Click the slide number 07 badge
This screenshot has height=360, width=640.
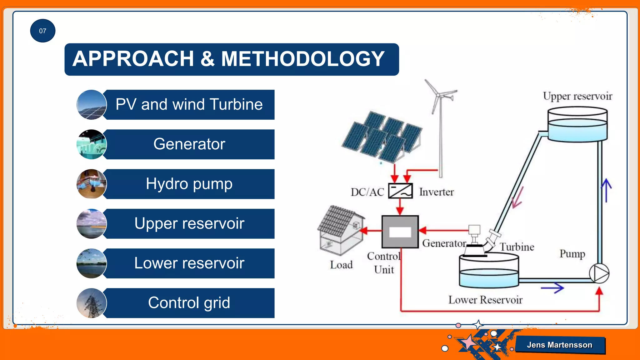(x=42, y=31)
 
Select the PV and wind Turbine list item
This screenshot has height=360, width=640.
(x=189, y=104)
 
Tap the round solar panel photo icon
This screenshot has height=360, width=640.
(x=91, y=105)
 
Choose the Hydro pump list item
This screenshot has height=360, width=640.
(x=189, y=184)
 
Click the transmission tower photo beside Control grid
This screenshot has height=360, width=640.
(x=91, y=303)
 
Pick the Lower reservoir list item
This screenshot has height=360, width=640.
(x=189, y=263)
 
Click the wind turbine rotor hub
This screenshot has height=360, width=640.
(x=439, y=95)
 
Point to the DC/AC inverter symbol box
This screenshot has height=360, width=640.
(x=400, y=191)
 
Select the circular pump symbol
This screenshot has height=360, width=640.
(x=599, y=273)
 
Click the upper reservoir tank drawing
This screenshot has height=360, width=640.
(x=577, y=125)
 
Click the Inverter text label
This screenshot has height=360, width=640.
(x=436, y=192)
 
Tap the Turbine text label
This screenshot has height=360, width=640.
(x=517, y=247)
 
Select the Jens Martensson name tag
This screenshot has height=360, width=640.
(x=560, y=345)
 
